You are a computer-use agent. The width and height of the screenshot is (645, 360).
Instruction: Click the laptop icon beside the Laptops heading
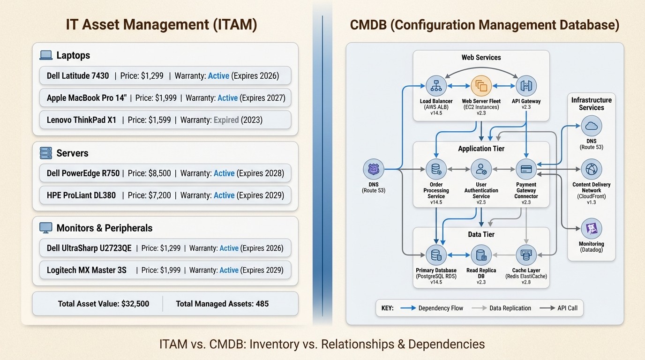pyautogui.click(x=46, y=55)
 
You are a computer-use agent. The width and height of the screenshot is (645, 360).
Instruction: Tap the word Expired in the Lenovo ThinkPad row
pyautogui.click(x=226, y=120)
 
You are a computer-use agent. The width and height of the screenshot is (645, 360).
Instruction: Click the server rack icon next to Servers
pyautogui.click(x=46, y=153)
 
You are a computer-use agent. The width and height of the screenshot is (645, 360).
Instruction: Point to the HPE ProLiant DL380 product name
pyautogui.click(x=81, y=195)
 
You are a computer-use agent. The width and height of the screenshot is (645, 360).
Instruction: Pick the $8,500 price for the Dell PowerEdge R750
pyautogui.click(x=160, y=173)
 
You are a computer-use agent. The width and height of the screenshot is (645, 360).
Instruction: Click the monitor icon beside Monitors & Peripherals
pyautogui.click(x=46, y=228)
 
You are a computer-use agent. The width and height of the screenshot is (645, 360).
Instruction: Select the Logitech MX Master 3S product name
pyautogui.click(x=87, y=270)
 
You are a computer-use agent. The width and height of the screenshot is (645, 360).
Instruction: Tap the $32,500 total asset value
pyautogui.click(x=135, y=304)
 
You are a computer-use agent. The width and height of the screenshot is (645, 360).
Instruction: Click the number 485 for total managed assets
pyautogui.click(x=262, y=304)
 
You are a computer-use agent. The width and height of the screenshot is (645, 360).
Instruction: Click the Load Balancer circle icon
pyautogui.click(x=436, y=86)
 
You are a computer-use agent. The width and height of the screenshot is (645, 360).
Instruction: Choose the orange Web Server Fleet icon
pyautogui.click(x=481, y=86)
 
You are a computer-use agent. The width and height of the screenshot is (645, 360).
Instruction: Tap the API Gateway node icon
pyautogui.click(x=526, y=86)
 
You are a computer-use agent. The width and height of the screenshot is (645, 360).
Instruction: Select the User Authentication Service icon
pyautogui.click(x=481, y=169)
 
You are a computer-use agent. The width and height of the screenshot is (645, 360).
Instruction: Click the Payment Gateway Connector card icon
pyautogui.click(x=526, y=169)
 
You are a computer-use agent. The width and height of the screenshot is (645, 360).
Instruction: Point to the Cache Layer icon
pyautogui.click(x=526, y=255)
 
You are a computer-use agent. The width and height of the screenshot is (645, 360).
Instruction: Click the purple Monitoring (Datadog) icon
pyautogui.click(x=591, y=229)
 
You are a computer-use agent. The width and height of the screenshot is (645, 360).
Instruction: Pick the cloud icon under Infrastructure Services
pyautogui.click(x=591, y=126)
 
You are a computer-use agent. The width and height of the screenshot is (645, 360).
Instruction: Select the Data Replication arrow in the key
pyautogui.click(x=479, y=308)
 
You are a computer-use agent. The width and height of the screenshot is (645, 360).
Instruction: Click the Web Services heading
pyautogui.click(x=481, y=58)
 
